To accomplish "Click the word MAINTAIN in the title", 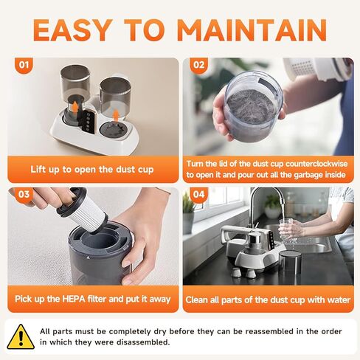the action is [x=252, y=30].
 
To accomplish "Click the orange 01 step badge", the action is [x=24, y=65].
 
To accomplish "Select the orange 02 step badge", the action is [x=199, y=65].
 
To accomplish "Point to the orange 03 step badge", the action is [x=24, y=195].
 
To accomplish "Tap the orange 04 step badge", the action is [x=199, y=195].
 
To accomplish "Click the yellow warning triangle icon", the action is [x=21, y=337].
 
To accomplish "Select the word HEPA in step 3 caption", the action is [x=74, y=299].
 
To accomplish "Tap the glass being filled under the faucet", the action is [x=286, y=229].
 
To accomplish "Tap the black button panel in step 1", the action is [x=89, y=122].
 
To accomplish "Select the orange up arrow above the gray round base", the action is [x=116, y=115].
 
